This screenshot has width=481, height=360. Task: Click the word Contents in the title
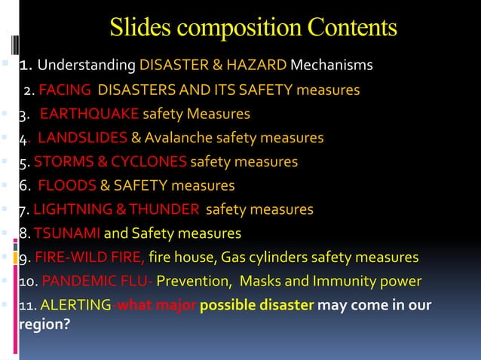tap(351, 28)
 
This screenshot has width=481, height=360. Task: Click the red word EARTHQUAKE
tap(89, 114)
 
